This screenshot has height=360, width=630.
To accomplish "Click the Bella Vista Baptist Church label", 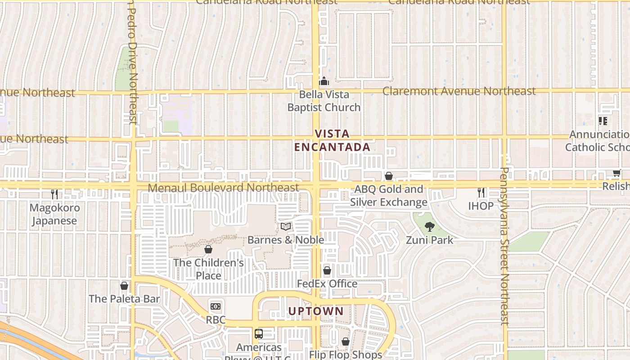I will (x=324, y=101).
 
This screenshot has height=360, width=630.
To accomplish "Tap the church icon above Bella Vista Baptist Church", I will (x=324, y=81).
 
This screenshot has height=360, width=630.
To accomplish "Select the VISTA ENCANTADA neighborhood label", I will (x=332, y=140).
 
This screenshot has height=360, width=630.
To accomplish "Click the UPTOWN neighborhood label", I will (x=316, y=311).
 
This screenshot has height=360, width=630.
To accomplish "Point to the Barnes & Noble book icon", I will (x=286, y=226).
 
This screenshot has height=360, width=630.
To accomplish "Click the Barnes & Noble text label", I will (x=286, y=240).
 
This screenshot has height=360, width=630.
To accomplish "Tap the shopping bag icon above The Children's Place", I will (x=208, y=249).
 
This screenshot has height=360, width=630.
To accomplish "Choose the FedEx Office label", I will (x=327, y=284).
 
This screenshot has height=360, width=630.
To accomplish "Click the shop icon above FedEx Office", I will (x=327, y=270).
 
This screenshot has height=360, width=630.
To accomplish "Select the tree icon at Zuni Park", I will (x=429, y=227).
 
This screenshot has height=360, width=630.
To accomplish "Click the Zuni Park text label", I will (x=430, y=240).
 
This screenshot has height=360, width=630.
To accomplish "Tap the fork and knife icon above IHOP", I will (x=481, y=193).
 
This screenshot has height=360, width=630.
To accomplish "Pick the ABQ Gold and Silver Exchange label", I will (x=389, y=196).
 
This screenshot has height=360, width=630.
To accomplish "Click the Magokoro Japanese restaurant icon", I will (x=54, y=194).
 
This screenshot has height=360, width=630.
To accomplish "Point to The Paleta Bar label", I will (x=124, y=299).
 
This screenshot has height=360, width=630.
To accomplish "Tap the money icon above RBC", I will (x=216, y=306).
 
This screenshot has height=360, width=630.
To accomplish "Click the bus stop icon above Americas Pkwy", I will (x=259, y=334).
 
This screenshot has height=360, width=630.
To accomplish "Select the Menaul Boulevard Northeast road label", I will (x=223, y=187).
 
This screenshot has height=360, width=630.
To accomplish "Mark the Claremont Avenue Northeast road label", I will (x=459, y=91).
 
